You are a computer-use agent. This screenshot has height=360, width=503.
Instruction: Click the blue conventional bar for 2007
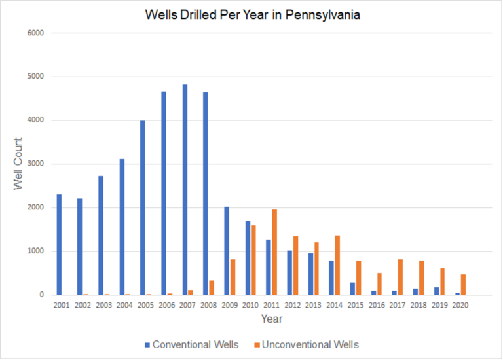point(185,190)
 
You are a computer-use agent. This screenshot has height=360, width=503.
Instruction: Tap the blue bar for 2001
point(59,245)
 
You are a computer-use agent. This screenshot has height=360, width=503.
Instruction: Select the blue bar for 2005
point(143,207)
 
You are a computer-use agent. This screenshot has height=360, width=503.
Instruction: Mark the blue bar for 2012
point(289,272)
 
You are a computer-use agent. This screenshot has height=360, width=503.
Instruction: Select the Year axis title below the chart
point(271,319)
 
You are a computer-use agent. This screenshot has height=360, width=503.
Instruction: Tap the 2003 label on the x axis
point(103,306)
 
